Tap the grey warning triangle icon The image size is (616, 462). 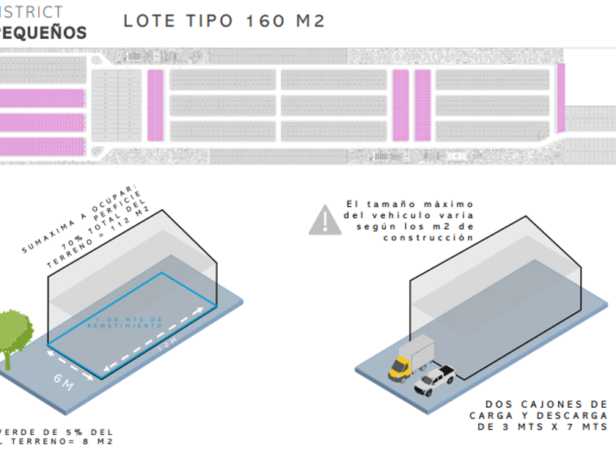tap(324, 221)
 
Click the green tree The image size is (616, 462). tap(13, 335)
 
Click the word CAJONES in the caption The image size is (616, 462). tap(549, 404)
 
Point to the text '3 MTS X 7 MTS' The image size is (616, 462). tap(556, 427)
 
